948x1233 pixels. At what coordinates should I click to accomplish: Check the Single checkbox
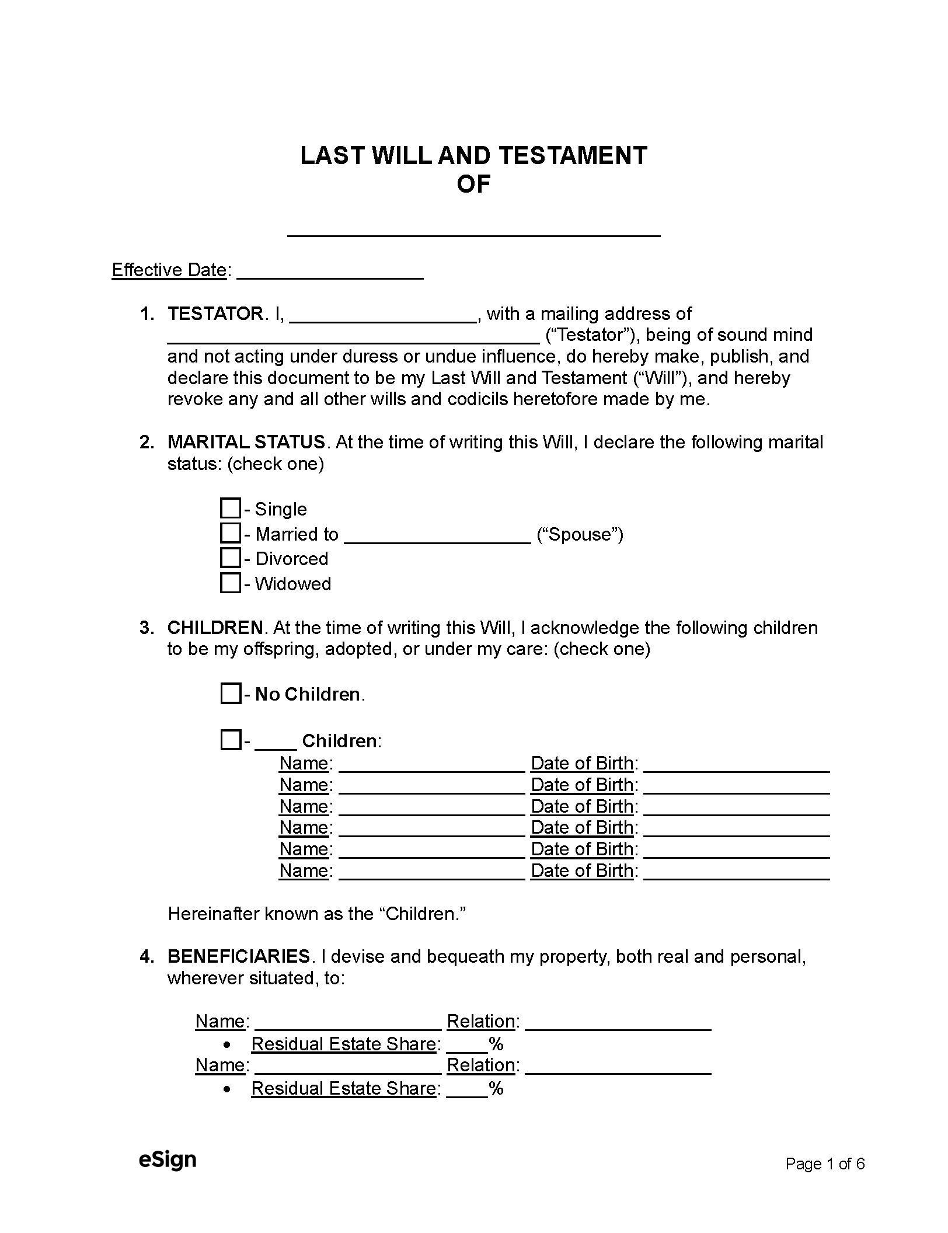coord(230,508)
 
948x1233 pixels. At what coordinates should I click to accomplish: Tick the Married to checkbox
coord(230,533)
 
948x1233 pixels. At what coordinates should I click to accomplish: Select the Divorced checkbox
coord(230,558)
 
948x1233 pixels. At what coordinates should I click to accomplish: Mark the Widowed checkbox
coord(230,583)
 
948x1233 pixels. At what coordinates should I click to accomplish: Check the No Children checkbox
coord(230,694)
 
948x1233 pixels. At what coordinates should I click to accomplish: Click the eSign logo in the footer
coord(167,1159)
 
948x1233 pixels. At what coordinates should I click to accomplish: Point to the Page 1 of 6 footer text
coord(824,1164)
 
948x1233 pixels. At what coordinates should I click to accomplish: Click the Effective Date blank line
coord(330,273)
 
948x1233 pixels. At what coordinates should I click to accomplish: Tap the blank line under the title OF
coord(473,229)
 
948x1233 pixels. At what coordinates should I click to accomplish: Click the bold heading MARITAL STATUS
coord(246,442)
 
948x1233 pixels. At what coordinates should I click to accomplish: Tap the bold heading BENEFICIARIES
coord(238,956)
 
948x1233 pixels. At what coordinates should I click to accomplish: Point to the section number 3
coord(146,628)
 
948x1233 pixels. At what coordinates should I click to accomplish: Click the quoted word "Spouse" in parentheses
coord(580,534)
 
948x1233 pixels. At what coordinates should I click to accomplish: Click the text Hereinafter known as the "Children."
coord(316,914)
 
